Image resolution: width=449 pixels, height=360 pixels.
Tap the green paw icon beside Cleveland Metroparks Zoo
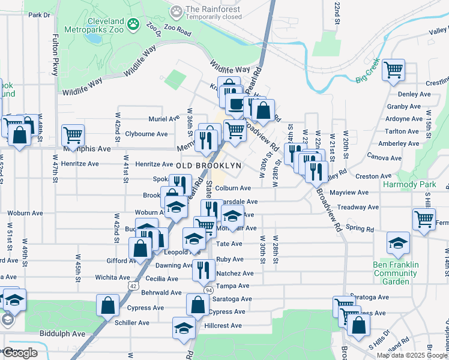[133, 25]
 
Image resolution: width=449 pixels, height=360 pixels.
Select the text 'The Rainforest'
[213, 9]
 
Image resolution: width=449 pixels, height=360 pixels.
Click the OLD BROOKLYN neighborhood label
[208, 165]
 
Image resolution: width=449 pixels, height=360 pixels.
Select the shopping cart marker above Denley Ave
[394, 70]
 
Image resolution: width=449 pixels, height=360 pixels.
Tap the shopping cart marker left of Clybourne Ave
[73, 135]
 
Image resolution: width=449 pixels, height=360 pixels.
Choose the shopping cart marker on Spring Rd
[424, 220]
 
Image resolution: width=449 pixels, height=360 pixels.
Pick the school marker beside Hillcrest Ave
[184, 328]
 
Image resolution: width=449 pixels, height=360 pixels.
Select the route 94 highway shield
[208, 290]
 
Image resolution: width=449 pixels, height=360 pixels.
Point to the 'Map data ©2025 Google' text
[412, 355]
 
